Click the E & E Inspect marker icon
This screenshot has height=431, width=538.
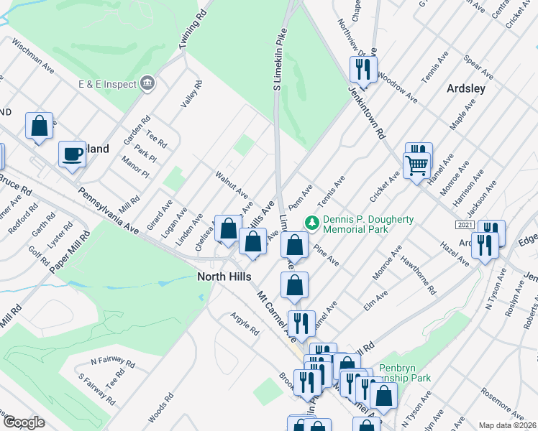pyautogui.click(x=147, y=84)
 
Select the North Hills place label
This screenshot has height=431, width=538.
pyautogui.click(x=223, y=277)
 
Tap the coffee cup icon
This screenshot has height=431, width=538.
pyautogui.click(x=72, y=153)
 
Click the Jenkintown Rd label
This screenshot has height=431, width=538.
pyautogui.click(x=368, y=114)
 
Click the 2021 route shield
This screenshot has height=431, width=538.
pyautogui.click(x=464, y=225)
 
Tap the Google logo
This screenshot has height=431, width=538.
pyautogui.click(x=24, y=422)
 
